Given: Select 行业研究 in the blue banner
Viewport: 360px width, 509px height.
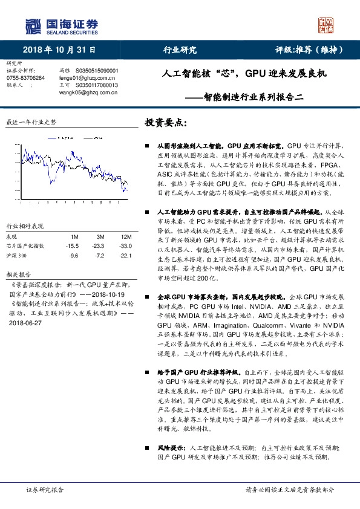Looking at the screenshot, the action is pos(180,50).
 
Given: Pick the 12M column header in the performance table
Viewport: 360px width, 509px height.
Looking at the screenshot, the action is pos(126,236).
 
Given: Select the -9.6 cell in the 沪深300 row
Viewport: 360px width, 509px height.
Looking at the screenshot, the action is pos(74,256).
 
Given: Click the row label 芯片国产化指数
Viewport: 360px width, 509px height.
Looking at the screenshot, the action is pos(25,246).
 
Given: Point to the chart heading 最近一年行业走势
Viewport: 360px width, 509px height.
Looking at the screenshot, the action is pos(31,122).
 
